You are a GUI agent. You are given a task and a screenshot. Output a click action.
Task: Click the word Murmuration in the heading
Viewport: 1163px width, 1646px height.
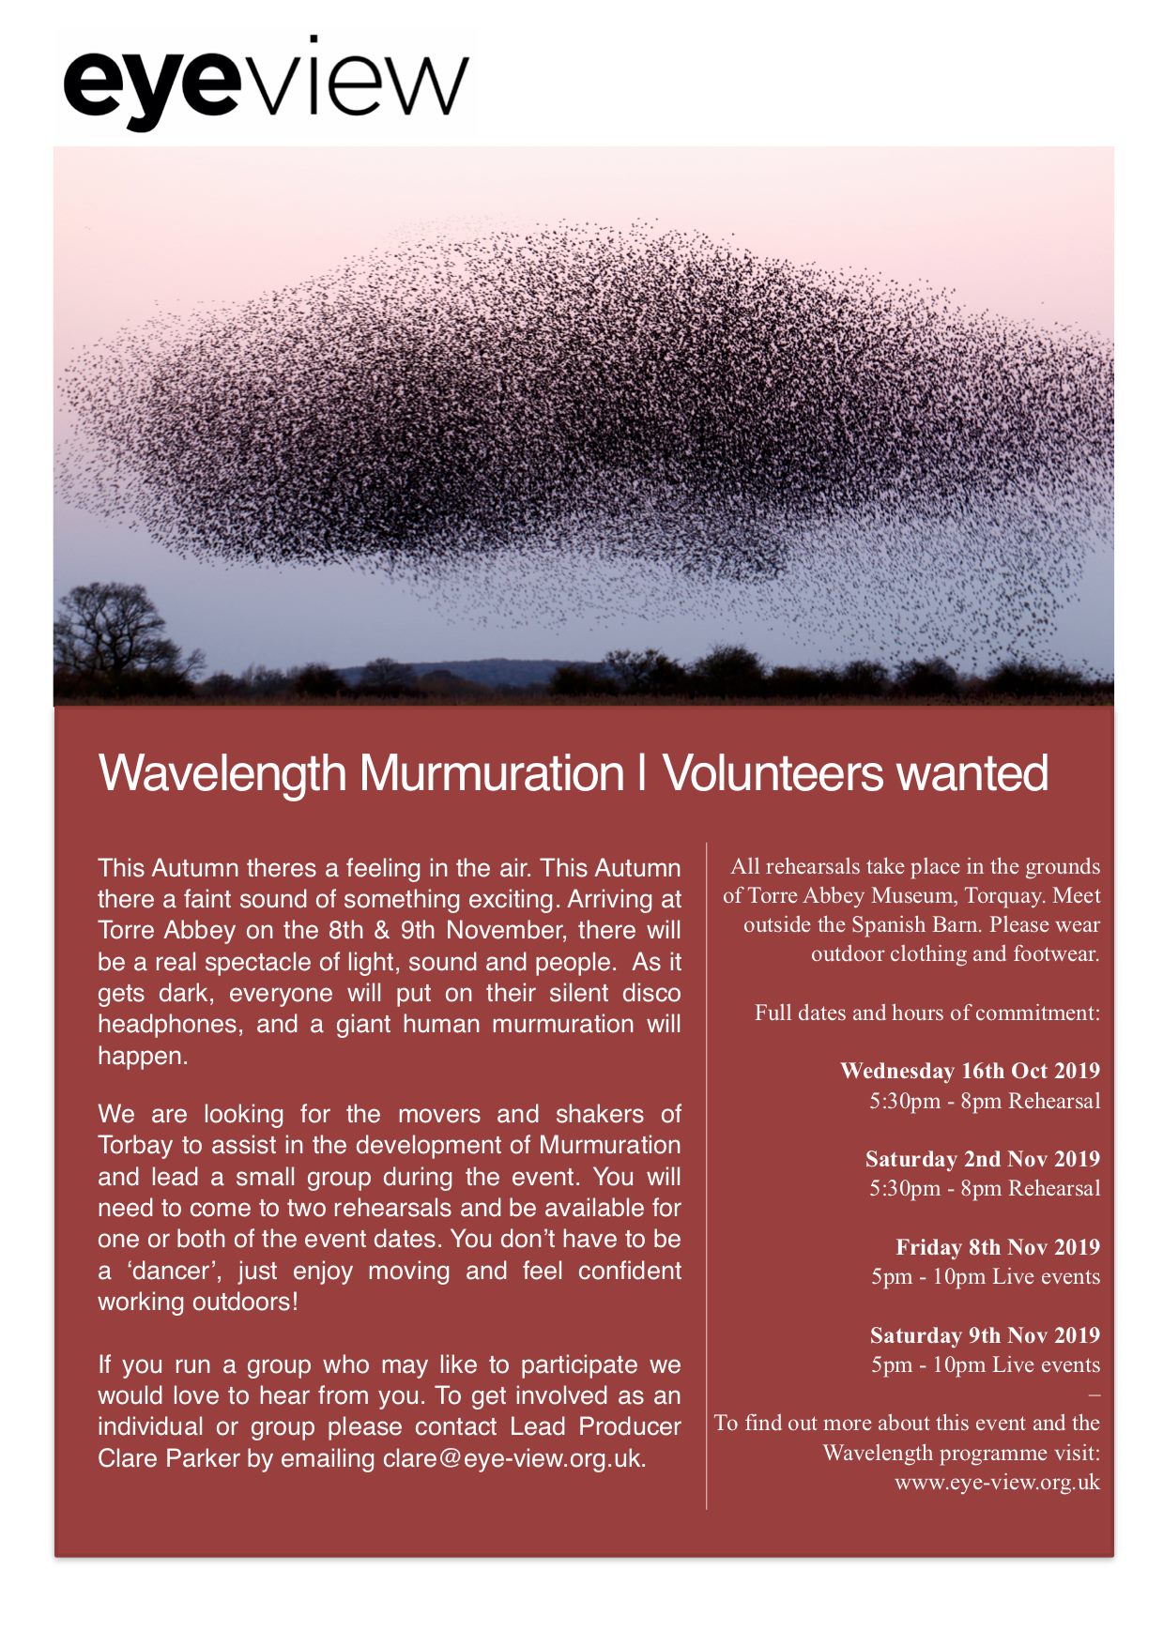[492, 773]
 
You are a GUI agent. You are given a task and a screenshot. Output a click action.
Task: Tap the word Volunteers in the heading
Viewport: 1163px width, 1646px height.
[773, 773]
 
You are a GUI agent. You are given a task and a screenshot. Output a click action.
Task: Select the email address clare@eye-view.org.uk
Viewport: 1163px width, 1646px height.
[513, 1458]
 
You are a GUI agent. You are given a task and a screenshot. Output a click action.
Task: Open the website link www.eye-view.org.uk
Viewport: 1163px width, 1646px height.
[997, 1483]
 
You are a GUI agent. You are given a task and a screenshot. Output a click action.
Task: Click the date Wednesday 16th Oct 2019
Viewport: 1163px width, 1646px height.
[970, 1071]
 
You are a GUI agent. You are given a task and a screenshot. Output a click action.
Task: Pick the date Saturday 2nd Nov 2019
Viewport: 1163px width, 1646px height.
[982, 1159]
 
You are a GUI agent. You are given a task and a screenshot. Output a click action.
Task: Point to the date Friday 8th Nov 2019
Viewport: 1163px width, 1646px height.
[997, 1247]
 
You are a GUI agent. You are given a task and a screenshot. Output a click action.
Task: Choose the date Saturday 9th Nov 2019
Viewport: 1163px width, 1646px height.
[985, 1335]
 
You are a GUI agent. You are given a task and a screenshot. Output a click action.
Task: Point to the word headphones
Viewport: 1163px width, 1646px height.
[163, 1024]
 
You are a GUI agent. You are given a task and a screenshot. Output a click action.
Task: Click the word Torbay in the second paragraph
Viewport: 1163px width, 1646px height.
[135, 1146]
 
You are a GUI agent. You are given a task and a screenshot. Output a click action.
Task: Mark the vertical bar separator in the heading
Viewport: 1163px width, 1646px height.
[642, 773]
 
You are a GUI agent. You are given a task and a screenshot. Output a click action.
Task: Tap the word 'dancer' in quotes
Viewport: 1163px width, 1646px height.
[171, 1271]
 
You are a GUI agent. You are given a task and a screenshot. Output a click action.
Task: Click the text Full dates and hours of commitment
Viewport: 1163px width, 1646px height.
[926, 1013]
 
